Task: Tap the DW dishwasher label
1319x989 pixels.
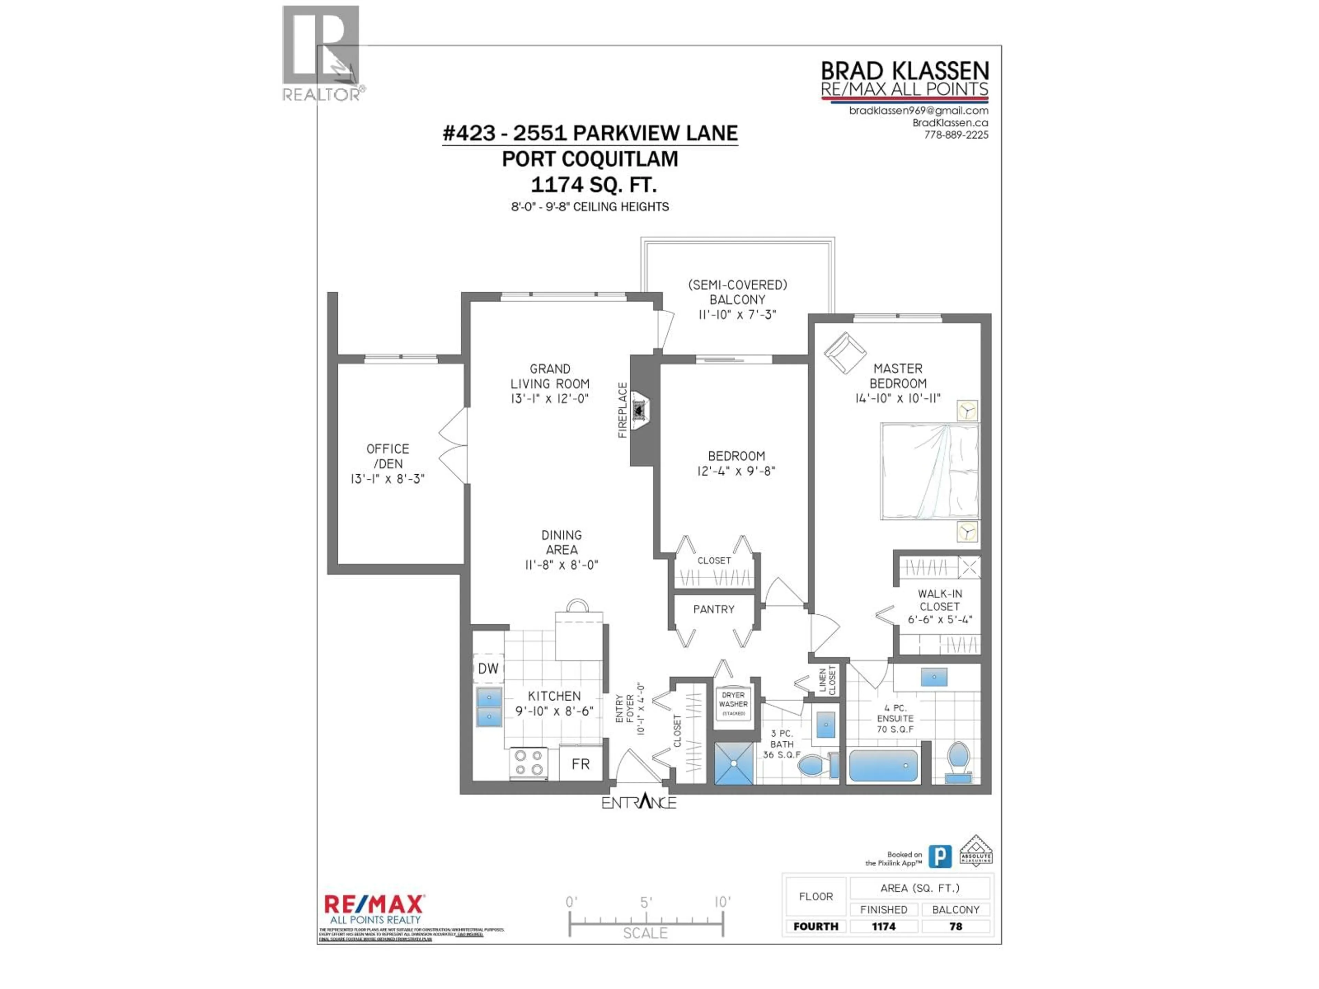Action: point(488,668)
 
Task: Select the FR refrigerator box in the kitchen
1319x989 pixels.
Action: point(580,764)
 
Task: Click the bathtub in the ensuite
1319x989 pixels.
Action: point(883,765)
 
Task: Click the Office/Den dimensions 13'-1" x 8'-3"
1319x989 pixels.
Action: point(387,479)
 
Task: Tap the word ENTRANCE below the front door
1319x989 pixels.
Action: point(639,803)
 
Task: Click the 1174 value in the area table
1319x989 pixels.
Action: point(883,927)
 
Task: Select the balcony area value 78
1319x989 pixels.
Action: point(955,927)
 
